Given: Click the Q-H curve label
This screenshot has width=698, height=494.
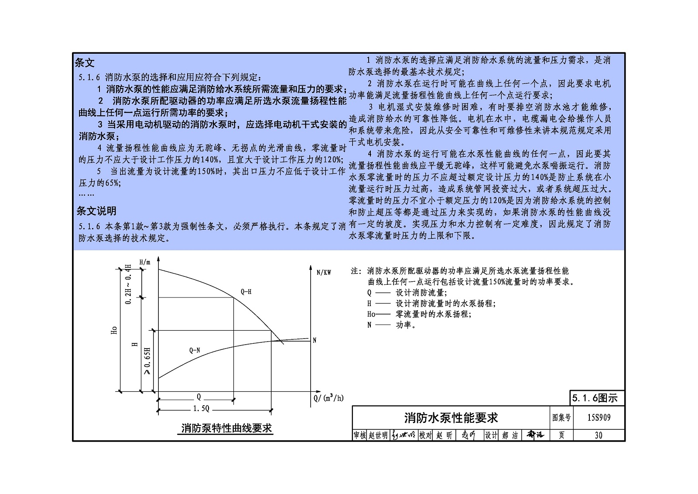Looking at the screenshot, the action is (x=246, y=292).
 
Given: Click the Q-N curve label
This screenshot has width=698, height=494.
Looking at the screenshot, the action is (x=195, y=350).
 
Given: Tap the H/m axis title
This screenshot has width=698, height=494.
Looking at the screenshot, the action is (x=144, y=262).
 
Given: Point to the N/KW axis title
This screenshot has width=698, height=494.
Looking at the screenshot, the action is (x=324, y=273).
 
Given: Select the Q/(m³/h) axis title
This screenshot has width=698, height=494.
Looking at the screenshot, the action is (x=328, y=397).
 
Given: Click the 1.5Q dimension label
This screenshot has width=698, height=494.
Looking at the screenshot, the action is (x=201, y=408).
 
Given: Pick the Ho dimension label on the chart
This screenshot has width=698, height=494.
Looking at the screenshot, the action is (x=114, y=330).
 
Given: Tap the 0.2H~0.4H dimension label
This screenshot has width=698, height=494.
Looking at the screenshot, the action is (x=128, y=284).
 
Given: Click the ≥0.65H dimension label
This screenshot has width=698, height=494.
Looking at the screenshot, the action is (x=147, y=361).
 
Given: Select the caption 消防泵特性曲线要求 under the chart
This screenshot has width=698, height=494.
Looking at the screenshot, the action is (x=226, y=428).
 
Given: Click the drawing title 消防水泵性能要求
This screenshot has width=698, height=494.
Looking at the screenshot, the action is (x=451, y=418).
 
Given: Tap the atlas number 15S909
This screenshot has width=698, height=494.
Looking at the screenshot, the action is (x=599, y=418).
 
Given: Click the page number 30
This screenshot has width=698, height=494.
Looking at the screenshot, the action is (x=599, y=435).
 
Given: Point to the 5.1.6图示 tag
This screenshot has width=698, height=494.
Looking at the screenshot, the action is (x=595, y=398).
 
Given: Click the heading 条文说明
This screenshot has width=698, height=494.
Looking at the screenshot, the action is (x=96, y=211).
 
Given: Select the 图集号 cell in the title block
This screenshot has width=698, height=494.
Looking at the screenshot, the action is (x=561, y=418).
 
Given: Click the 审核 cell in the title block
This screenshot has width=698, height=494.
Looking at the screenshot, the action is (x=359, y=435).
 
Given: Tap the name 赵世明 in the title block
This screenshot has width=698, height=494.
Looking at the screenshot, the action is (x=378, y=435).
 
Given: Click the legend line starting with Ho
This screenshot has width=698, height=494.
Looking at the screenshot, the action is (x=419, y=314).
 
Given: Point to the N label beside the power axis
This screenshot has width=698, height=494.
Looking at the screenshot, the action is (x=315, y=340).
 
